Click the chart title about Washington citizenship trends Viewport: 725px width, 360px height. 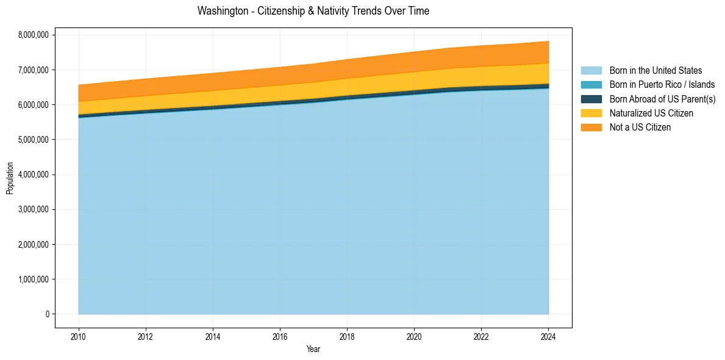(313, 11)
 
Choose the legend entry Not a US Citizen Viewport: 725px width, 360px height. (640, 127)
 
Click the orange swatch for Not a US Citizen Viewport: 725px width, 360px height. (591, 127)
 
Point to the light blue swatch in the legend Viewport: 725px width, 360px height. (591, 71)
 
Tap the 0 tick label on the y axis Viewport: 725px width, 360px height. (47, 314)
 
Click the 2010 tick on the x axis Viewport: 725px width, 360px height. (79, 336)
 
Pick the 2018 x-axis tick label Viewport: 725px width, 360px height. (347, 336)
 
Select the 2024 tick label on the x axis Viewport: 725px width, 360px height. (548, 336)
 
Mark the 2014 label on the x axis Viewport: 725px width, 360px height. (213, 336)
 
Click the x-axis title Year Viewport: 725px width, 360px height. (313, 350)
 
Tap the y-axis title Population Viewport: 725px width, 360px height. (10, 178)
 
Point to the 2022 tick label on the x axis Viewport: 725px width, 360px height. (481, 336)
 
